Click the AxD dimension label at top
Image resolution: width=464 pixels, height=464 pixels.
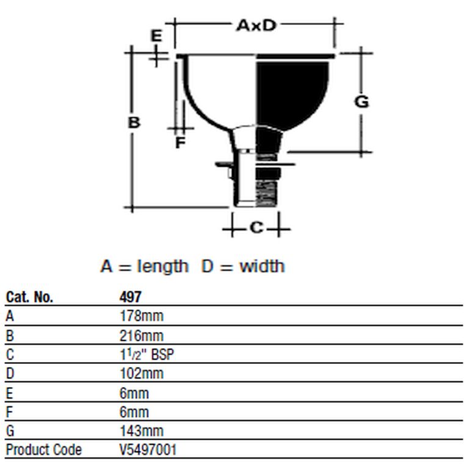[x=256, y=25]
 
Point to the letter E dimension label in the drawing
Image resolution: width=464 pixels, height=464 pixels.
[x=156, y=35]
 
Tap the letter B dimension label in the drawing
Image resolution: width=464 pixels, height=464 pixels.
[x=134, y=122]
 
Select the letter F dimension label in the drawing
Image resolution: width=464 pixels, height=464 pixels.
[x=180, y=142]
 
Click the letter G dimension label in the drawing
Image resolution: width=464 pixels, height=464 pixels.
[x=361, y=101]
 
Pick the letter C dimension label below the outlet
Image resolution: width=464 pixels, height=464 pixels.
[x=256, y=227]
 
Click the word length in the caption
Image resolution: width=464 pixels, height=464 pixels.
[x=162, y=266]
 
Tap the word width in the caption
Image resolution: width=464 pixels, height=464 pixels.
[x=262, y=266]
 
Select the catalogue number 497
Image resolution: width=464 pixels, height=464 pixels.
[x=131, y=297]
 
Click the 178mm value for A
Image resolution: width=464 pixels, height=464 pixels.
[x=142, y=316]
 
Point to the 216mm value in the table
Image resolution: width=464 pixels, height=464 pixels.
[x=142, y=336]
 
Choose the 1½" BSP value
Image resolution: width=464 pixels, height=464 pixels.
[x=147, y=355]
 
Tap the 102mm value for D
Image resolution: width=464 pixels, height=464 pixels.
[x=142, y=374]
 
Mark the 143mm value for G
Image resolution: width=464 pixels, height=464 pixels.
[x=142, y=431]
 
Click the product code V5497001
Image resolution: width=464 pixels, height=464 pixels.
[x=148, y=450]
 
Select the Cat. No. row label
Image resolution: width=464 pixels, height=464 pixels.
[x=29, y=297]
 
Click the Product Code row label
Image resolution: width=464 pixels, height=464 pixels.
[x=44, y=450]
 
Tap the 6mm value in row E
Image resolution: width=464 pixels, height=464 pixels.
[x=134, y=394]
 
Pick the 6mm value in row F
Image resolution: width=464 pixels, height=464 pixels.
[x=134, y=412]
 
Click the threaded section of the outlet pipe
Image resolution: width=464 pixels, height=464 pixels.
[x=267, y=193]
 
